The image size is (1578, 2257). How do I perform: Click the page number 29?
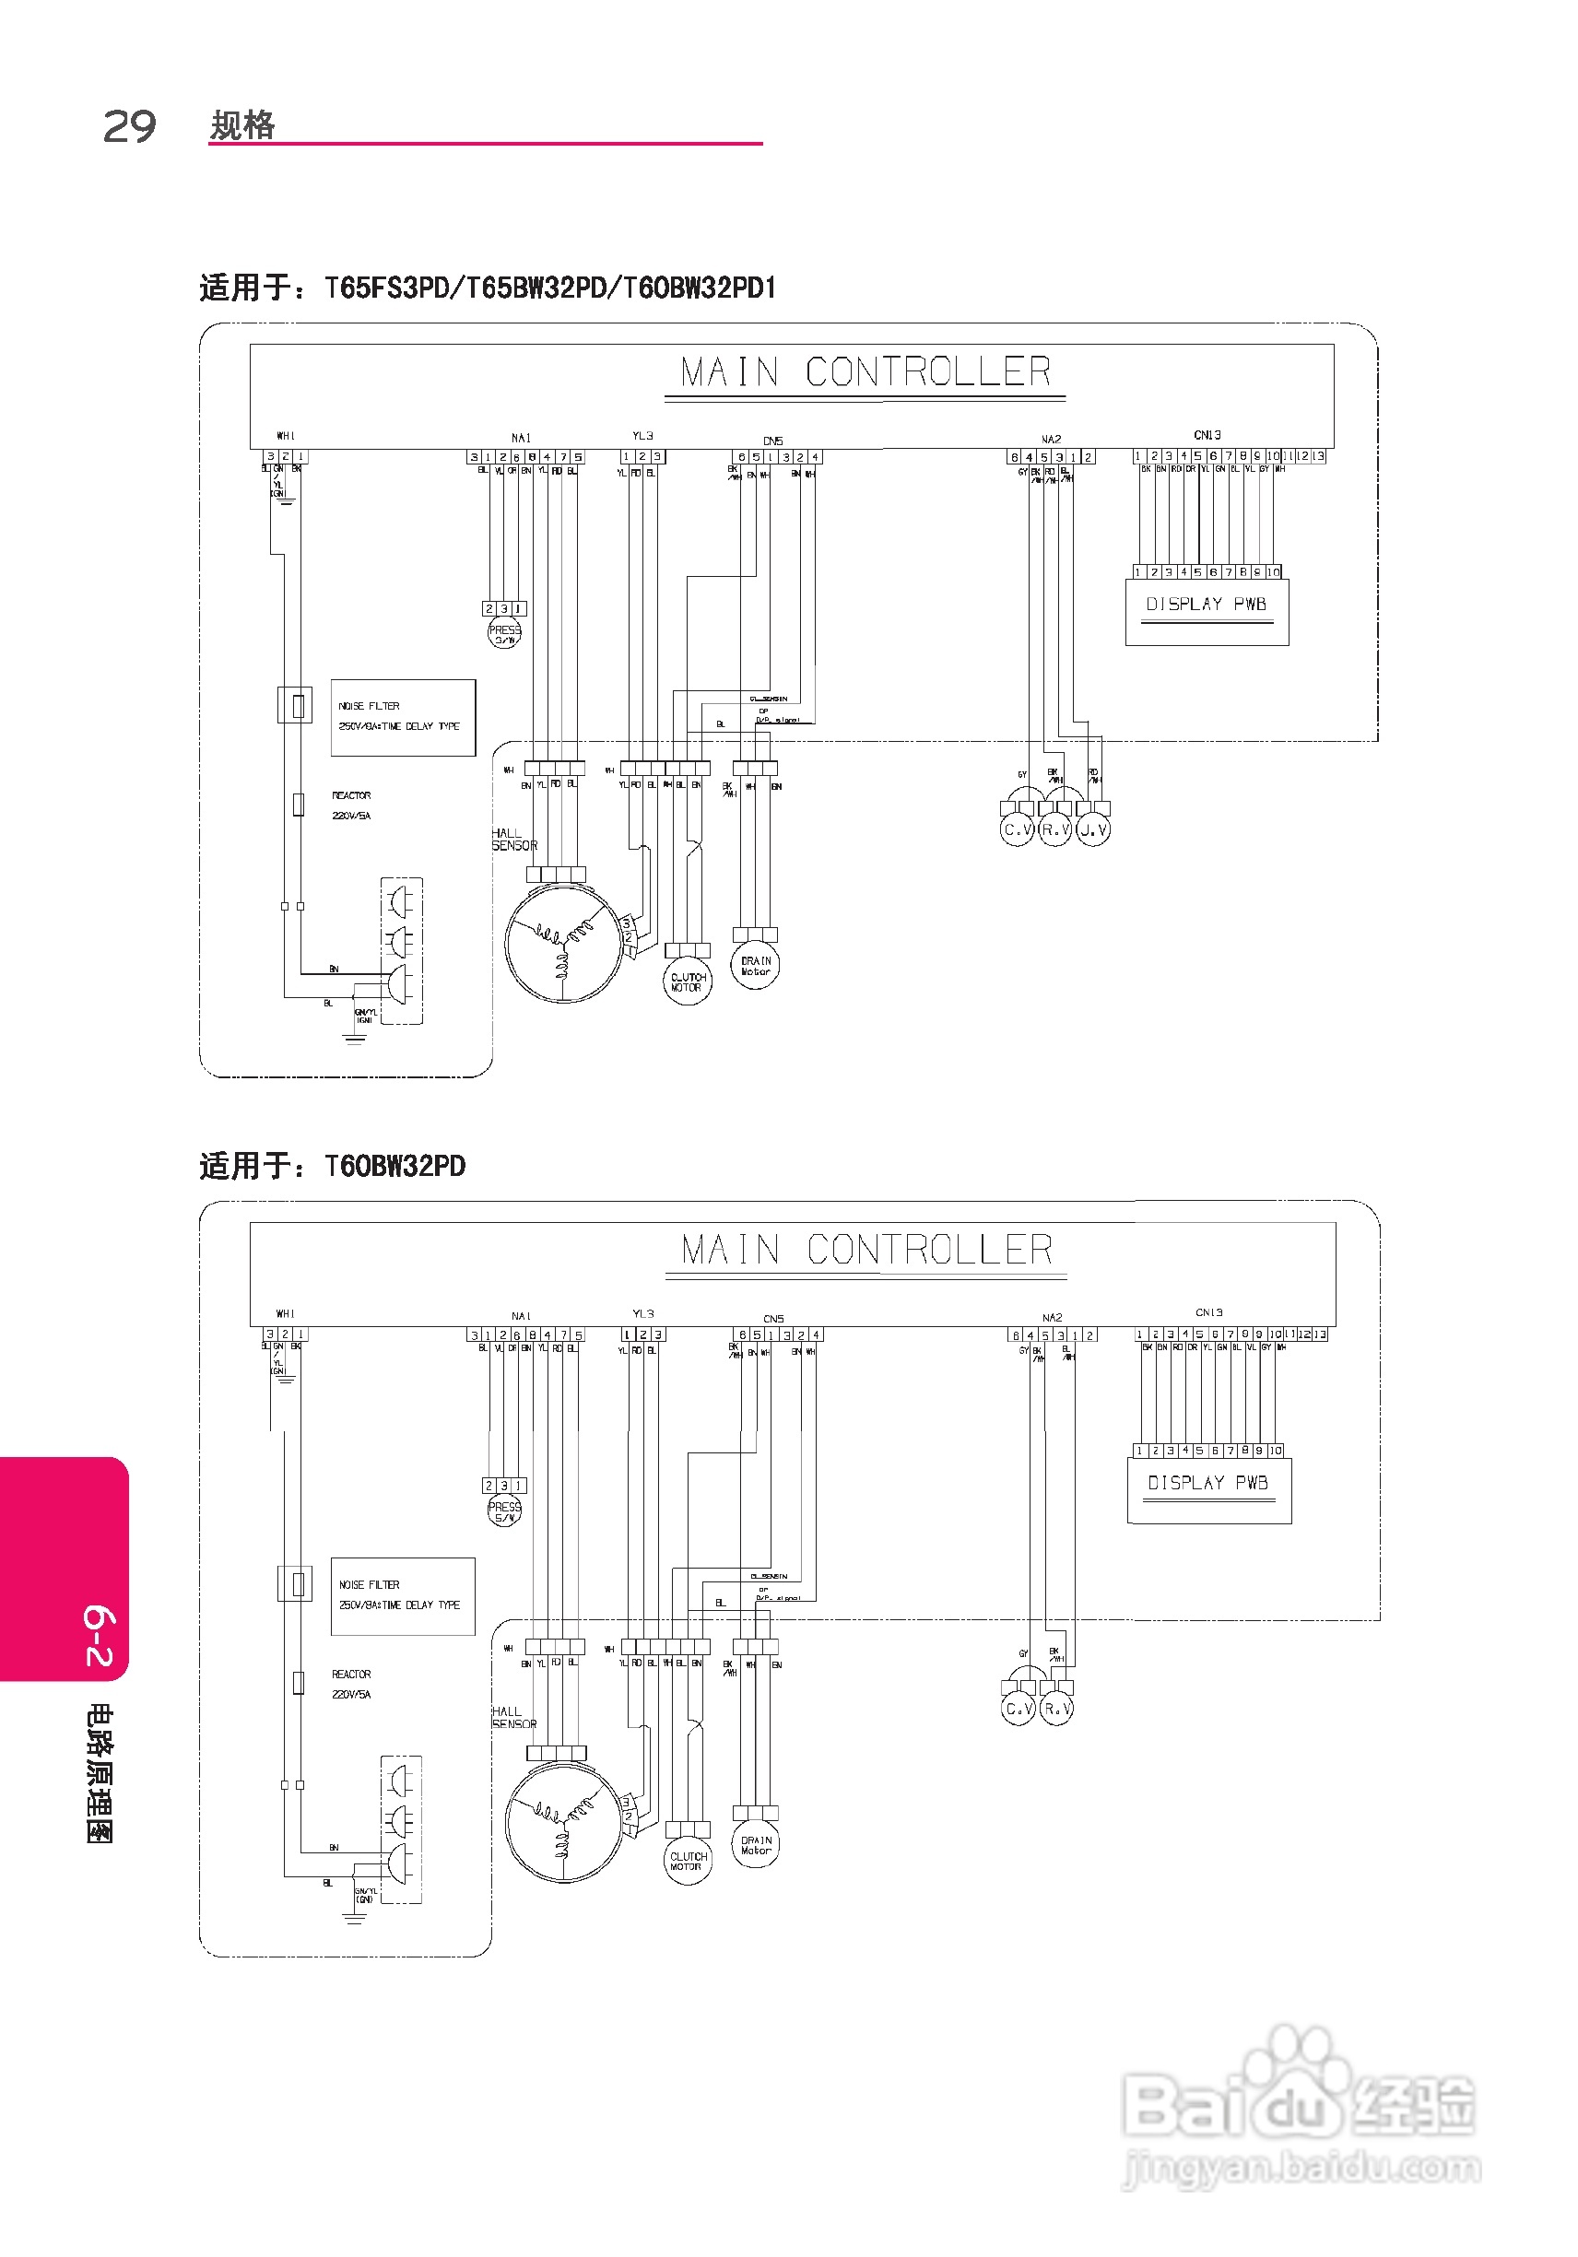coord(129,127)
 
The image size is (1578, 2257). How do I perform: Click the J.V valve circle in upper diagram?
coord(1093,829)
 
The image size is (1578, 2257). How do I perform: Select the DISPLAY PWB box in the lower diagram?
coord(1208,1490)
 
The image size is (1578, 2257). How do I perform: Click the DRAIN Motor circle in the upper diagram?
coord(755,965)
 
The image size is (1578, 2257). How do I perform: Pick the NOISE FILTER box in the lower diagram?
coord(402,1595)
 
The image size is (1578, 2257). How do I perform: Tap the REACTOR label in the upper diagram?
coord(351,795)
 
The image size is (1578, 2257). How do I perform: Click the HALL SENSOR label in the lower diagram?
coord(514,1716)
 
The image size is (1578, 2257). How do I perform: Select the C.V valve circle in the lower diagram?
coord(1018,1709)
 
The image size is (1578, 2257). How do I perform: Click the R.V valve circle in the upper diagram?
coord(1055,829)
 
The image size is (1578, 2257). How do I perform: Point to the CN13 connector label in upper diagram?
coord(1207,434)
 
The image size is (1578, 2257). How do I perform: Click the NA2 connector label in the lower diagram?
coord(1052,1317)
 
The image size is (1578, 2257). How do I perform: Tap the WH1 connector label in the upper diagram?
coord(285,436)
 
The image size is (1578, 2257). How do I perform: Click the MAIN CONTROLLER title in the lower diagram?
coord(866,1251)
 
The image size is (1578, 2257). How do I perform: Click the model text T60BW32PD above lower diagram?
coord(394,1166)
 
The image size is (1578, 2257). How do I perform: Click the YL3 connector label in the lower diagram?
coord(643,1313)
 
